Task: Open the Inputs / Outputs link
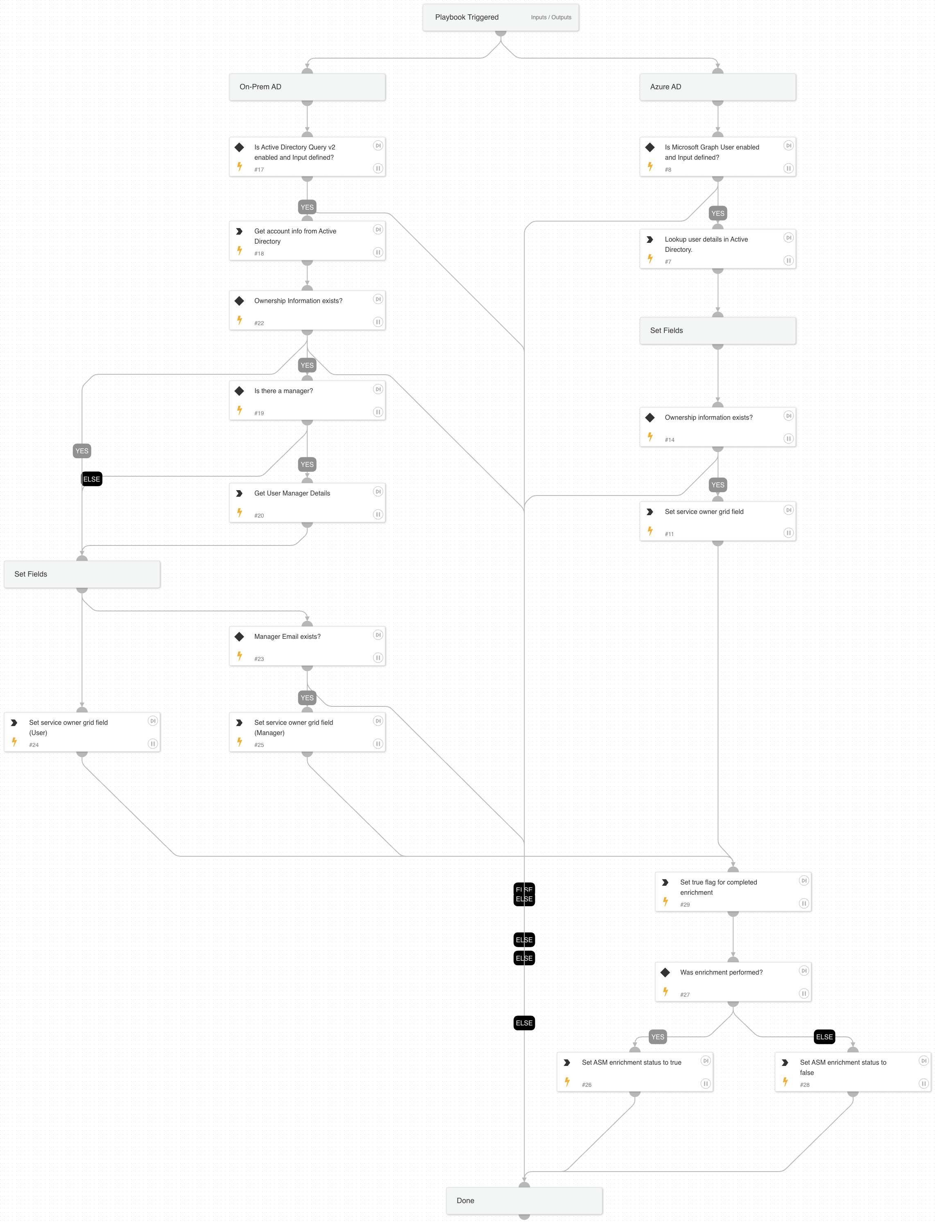pos(550,17)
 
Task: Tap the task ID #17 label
pos(259,170)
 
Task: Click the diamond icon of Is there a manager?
pos(239,391)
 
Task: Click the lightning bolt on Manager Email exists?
pos(239,656)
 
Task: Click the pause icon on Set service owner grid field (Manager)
pos(378,743)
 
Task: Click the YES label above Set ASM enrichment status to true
pos(657,1036)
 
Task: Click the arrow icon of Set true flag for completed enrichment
pos(665,882)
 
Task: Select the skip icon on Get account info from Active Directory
pos(378,229)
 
